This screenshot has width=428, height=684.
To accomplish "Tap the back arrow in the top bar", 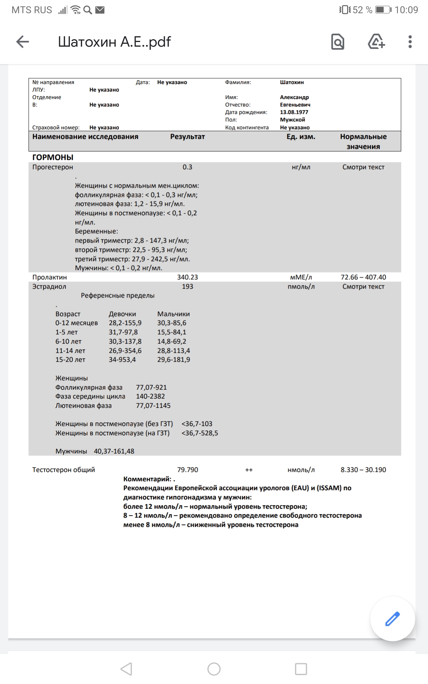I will click(x=22, y=42).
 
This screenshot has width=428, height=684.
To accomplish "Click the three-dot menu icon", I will click(x=410, y=42).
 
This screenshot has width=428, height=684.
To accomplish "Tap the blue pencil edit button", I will click(x=392, y=619).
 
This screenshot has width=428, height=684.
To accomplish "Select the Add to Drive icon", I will click(x=376, y=42).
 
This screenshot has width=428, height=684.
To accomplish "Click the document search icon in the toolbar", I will click(x=337, y=42).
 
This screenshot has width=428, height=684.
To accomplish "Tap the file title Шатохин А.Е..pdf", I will click(x=114, y=42).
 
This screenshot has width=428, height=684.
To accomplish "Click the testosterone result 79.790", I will click(x=187, y=470).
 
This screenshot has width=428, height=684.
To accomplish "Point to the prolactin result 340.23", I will click(x=187, y=277).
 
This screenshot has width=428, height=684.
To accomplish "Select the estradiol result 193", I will click(x=187, y=286).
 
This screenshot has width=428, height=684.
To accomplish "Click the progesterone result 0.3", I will click(x=187, y=167).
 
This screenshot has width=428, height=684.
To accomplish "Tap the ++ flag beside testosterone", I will click(x=249, y=470).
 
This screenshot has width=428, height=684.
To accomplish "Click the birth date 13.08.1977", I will click(x=294, y=112).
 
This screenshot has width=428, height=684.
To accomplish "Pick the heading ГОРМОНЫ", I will click(x=53, y=157).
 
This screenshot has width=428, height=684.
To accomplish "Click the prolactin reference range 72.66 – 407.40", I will click(x=363, y=277).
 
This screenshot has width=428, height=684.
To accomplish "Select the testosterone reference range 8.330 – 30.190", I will click(x=363, y=470).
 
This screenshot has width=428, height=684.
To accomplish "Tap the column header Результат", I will click(x=187, y=137).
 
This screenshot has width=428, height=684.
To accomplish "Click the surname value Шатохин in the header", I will click(x=292, y=82).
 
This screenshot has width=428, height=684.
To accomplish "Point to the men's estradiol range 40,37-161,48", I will click(x=114, y=451).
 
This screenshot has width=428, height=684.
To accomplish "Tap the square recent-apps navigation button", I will click(x=301, y=669).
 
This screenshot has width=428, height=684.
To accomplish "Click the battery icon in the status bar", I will click(x=383, y=10).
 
